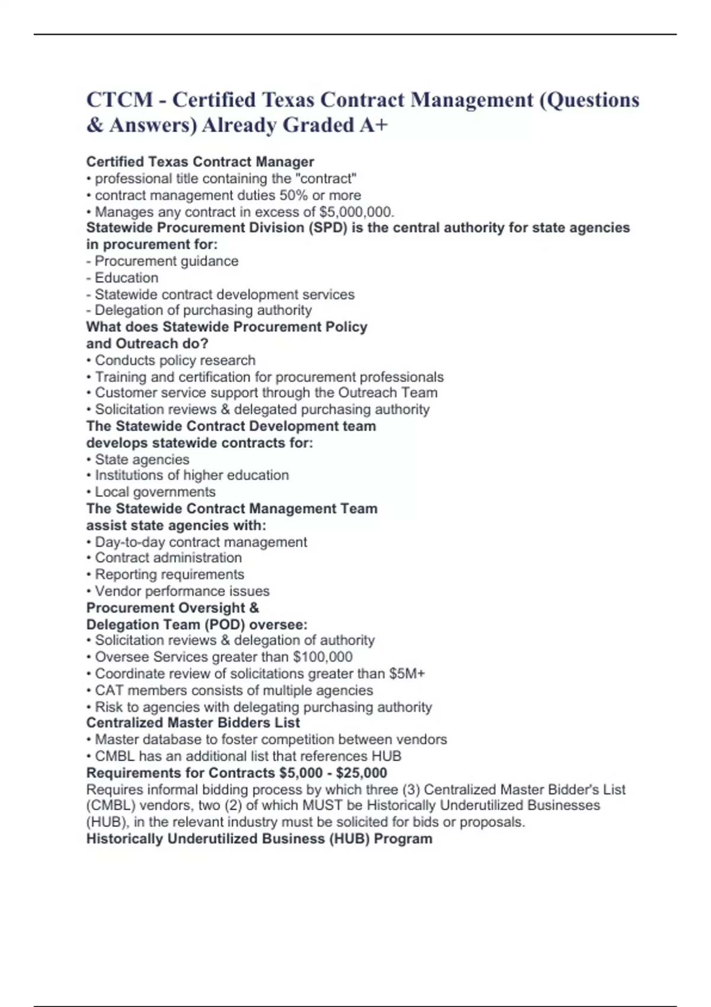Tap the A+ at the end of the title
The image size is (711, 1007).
click(373, 125)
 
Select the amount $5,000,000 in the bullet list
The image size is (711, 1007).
click(355, 212)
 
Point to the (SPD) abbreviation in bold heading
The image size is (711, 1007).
click(327, 228)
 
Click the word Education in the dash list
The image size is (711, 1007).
click(126, 278)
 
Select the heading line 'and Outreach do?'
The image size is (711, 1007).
click(147, 344)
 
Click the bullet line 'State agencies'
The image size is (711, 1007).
click(142, 460)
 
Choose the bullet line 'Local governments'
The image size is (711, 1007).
click(155, 492)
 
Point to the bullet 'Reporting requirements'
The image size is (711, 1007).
click(169, 575)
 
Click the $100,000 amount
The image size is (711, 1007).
click(322, 657)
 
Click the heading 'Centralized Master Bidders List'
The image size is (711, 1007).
click(193, 723)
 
